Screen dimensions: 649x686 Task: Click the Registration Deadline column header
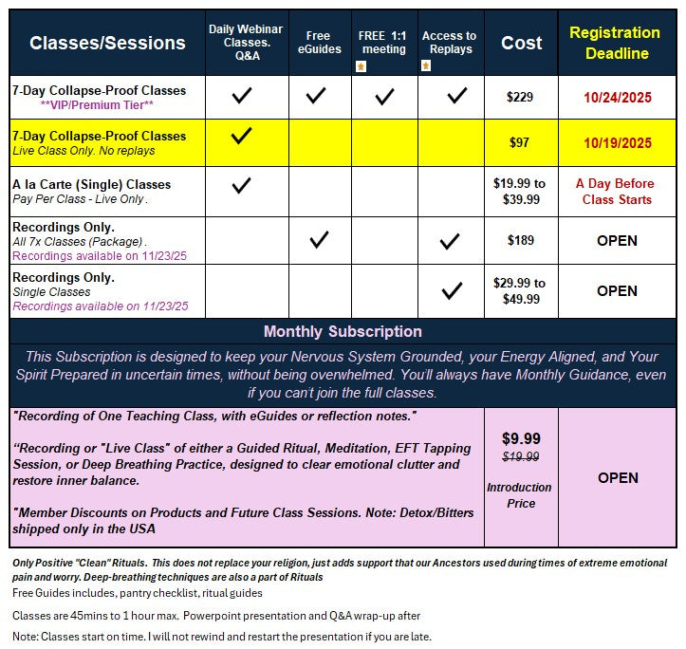point(616,43)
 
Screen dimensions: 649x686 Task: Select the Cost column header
point(521,43)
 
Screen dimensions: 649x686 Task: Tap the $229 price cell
point(521,97)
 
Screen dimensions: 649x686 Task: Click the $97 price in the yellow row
point(521,143)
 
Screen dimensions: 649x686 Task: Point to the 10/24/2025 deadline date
point(617,97)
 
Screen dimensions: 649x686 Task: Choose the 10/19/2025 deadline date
point(617,143)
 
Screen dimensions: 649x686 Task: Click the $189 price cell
point(521,240)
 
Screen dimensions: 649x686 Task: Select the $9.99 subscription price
point(521,438)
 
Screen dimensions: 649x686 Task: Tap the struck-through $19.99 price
point(521,456)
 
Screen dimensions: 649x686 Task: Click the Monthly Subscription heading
point(343,332)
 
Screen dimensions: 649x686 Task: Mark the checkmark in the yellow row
point(242,137)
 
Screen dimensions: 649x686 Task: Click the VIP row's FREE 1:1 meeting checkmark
point(384,96)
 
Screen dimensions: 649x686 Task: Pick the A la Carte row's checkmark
point(242,185)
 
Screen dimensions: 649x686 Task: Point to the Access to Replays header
point(449,43)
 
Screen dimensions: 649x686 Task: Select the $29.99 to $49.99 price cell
point(521,290)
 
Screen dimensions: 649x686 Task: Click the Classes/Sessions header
point(107,43)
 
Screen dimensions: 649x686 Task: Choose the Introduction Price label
point(521,495)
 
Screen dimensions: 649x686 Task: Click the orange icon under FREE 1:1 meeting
point(361,65)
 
